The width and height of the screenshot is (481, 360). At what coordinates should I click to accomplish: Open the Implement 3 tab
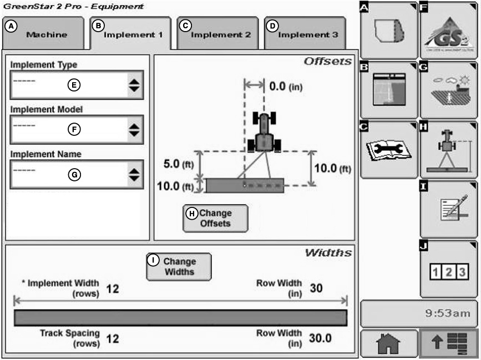(306, 33)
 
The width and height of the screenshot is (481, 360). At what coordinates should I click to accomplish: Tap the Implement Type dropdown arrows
(134, 85)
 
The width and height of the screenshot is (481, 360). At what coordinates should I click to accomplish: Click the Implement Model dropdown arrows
(134, 130)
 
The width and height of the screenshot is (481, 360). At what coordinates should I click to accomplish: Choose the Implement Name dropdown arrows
(134, 174)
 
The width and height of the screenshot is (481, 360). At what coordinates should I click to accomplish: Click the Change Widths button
(179, 266)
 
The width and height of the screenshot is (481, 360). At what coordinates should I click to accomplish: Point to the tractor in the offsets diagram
(264, 131)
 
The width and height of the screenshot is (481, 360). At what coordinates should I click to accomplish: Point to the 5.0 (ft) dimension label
(176, 165)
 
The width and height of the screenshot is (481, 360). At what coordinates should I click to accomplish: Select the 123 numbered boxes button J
(449, 271)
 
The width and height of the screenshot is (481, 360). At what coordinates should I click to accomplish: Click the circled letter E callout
(74, 85)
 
